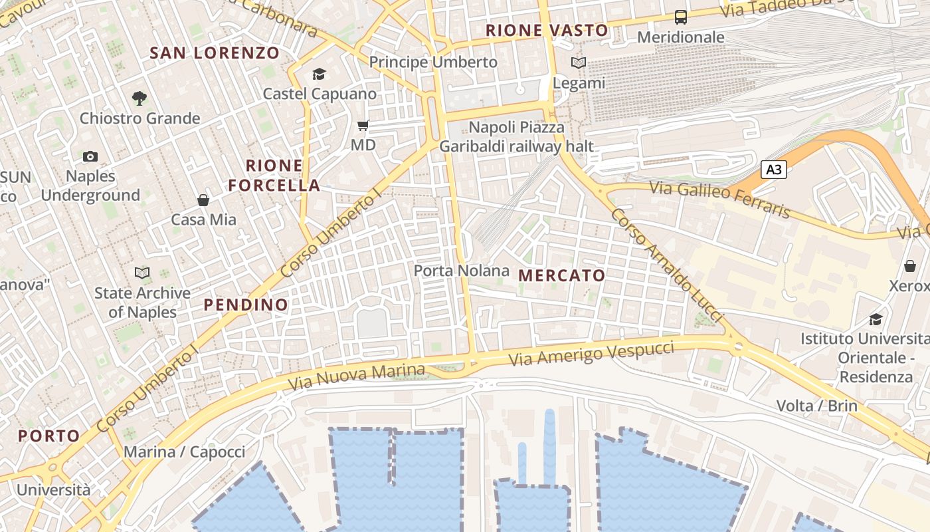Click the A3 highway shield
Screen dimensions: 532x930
(773, 170)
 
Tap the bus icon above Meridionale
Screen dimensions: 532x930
(681, 17)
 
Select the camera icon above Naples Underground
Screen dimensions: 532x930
(90, 157)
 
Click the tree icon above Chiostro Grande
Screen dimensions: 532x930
(139, 98)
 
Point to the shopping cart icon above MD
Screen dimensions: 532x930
(363, 125)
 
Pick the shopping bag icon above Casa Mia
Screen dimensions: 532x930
(203, 199)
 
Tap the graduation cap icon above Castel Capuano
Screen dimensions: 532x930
(320, 74)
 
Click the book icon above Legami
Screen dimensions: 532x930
(579, 63)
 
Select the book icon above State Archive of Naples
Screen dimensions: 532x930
(142, 273)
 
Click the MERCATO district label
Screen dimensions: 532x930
(562, 275)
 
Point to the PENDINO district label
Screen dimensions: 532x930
(246, 305)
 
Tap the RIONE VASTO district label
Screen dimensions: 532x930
(547, 31)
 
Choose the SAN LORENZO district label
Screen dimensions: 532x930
(215, 53)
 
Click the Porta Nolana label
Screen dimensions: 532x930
(462, 271)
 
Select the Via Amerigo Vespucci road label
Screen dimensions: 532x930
(592, 352)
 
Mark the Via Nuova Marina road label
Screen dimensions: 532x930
(356, 377)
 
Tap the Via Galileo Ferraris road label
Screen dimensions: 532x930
(720, 199)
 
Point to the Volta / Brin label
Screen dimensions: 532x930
(817, 406)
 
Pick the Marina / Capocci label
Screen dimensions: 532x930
(185, 452)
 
